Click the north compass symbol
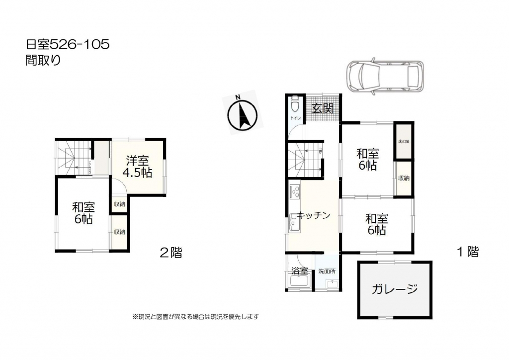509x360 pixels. pyautogui.click(x=242, y=113)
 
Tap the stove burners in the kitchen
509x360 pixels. pyautogui.click(x=294, y=191)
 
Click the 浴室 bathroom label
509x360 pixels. pyautogui.click(x=299, y=271)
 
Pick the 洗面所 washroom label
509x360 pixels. pyautogui.click(x=327, y=271)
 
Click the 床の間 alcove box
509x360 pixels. pyautogui.click(x=403, y=142)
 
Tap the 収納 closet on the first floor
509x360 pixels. pyautogui.click(x=403, y=178)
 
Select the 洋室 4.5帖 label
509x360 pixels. pyautogui.click(x=138, y=167)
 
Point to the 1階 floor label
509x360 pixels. pyautogui.click(x=467, y=252)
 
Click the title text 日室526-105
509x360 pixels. pyautogui.click(x=68, y=45)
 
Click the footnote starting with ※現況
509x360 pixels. pyautogui.click(x=195, y=316)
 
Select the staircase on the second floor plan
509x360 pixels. pyautogui.click(x=73, y=158)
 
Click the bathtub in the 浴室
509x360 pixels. pyautogui.click(x=299, y=283)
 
